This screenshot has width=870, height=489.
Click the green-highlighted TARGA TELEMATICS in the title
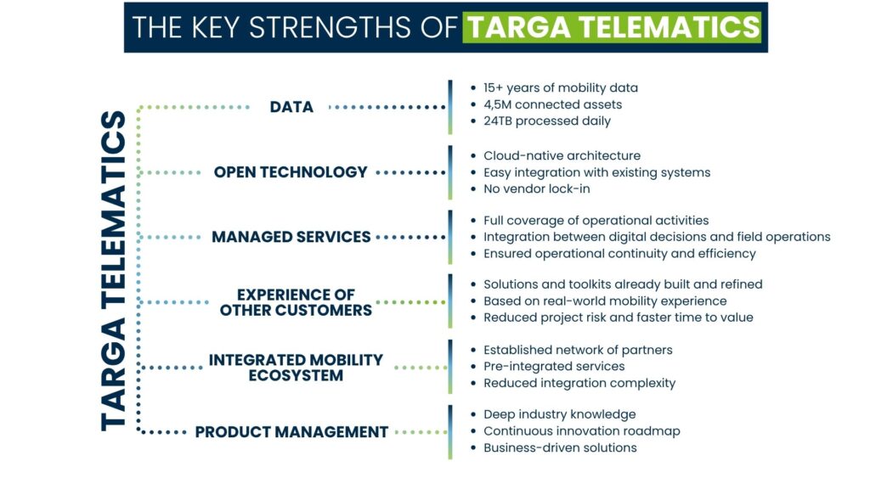click(x=612, y=27)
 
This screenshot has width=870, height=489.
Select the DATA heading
click(x=291, y=107)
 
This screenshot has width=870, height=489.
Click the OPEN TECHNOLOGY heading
click(x=291, y=172)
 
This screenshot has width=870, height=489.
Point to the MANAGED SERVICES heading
click(x=291, y=237)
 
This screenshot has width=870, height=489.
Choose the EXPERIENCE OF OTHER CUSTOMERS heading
click(x=296, y=302)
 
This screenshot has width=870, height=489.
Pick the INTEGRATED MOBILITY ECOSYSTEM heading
click(x=296, y=367)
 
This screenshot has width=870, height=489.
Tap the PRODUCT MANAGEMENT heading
click(x=291, y=432)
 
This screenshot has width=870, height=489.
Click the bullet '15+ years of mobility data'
click(x=560, y=87)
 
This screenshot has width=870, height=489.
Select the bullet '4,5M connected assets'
click(x=552, y=104)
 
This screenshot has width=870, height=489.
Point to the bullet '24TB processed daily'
click(x=546, y=121)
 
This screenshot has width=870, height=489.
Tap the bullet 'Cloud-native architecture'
click(x=562, y=155)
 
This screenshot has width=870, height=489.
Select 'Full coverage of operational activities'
click(x=596, y=221)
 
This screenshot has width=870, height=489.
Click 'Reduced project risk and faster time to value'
click(x=618, y=318)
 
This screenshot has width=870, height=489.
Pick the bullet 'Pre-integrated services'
click(x=554, y=366)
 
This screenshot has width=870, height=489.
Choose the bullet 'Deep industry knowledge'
click(x=559, y=414)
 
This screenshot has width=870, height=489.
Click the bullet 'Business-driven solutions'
click(x=560, y=447)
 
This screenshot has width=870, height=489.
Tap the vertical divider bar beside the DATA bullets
click(x=450, y=107)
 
